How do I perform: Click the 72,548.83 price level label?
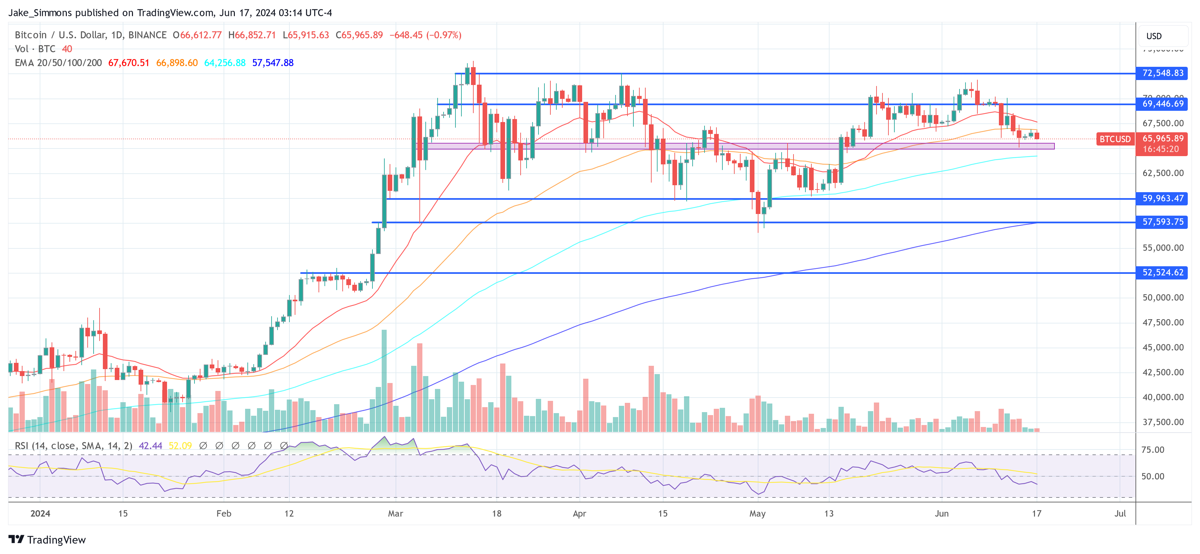click(1162, 73)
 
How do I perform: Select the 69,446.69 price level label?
click(1162, 104)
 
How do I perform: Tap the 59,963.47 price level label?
click(1162, 198)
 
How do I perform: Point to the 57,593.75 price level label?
click(1162, 222)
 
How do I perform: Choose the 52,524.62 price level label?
click(1162, 273)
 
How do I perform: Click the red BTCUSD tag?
click(1115, 139)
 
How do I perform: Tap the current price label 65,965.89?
click(1162, 138)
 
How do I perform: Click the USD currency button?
click(1154, 36)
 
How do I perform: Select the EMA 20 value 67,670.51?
click(129, 63)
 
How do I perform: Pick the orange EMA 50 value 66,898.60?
click(177, 63)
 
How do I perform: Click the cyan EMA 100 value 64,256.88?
click(225, 63)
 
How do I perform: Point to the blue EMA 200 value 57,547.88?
click(273, 63)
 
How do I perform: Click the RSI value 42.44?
click(150, 446)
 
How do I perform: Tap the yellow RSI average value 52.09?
click(180, 446)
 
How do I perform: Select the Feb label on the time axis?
click(224, 513)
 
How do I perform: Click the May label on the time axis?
click(757, 513)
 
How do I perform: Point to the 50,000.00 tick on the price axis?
click(1163, 298)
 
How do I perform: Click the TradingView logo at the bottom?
click(47, 539)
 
